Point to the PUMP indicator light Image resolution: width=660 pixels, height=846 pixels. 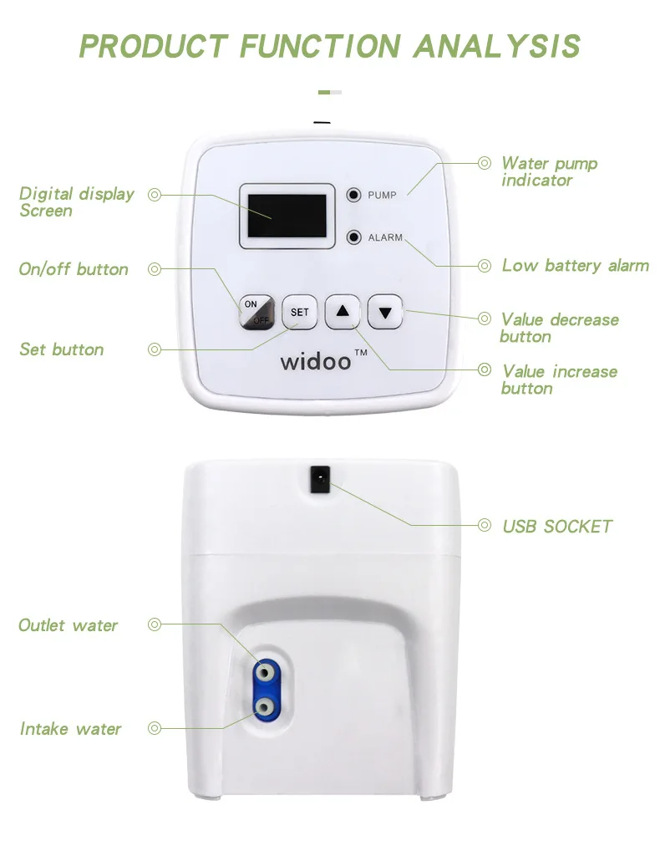[x=354, y=195]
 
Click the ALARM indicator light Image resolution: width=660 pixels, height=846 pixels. [x=354, y=237]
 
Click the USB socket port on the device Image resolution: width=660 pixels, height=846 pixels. [x=320, y=479]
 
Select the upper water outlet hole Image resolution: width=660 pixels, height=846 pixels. [x=264, y=671]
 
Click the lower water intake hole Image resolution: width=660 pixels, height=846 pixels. [x=264, y=707]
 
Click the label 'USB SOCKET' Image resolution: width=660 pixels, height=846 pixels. [x=556, y=527]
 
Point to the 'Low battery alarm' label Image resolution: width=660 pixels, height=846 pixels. [x=575, y=266]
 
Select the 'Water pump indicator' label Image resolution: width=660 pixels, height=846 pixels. [x=549, y=171]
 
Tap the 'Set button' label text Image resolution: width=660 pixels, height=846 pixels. [x=62, y=349]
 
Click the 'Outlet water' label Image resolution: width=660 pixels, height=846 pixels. [x=69, y=625]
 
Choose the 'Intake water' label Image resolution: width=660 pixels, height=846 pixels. [x=71, y=729]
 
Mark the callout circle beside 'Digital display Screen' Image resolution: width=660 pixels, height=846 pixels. [x=154, y=195]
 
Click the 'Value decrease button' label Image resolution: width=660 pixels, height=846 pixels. [x=559, y=328]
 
